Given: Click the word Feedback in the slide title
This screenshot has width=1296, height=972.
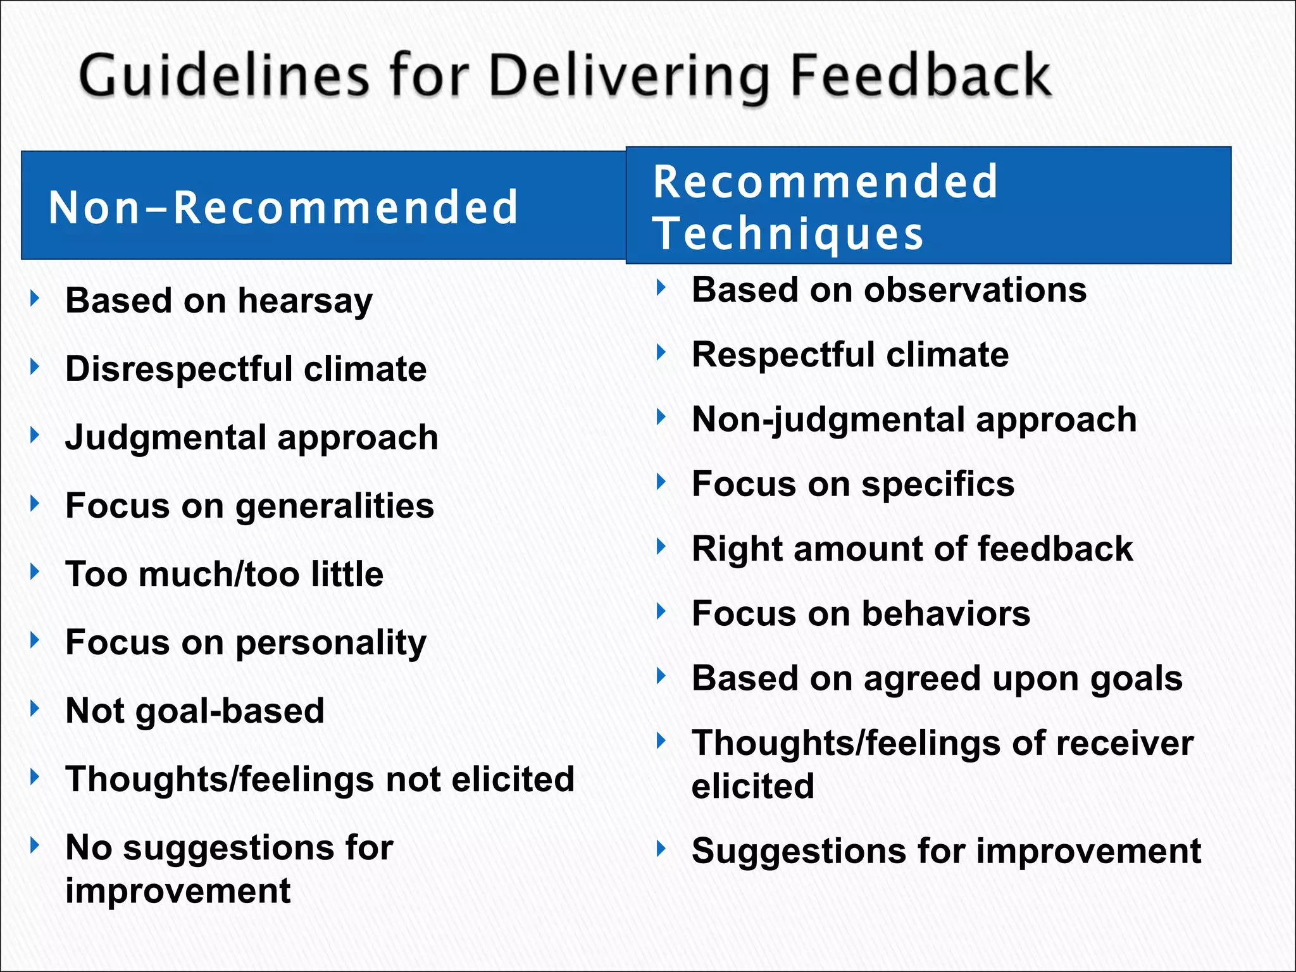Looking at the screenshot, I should pyautogui.click(x=921, y=76).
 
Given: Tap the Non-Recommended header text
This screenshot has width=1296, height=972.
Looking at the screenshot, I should pyautogui.click(x=283, y=208).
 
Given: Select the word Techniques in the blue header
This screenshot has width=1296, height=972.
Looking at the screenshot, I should pyautogui.click(x=788, y=234).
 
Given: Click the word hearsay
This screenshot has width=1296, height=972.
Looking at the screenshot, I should pyautogui.click(x=305, y=301).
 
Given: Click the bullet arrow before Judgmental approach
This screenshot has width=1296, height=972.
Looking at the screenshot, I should pyautogui.click(x=35, y=435).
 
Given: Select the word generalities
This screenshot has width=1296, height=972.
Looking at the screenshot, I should pyautogui.click(x=335, y=506).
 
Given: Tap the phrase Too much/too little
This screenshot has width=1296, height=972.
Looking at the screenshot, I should pyautogui.click(x=225, y=574).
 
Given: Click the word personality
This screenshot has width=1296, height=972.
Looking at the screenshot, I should pyautogui.click(x=331, y=644).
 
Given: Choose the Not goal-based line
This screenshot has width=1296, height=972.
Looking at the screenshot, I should pyautogui.click(x=195, y=711).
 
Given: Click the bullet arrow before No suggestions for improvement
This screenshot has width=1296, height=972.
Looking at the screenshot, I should pyautogui.click(x=35, y=845).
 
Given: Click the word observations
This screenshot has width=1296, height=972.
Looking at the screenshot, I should pyautogui.click(x=975, y=290).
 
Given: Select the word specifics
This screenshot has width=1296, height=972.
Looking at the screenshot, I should pyautogui.click(x=938, y=485).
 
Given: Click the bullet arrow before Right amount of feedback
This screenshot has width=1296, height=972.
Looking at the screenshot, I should pyautogui.click(x=661, y=546).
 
